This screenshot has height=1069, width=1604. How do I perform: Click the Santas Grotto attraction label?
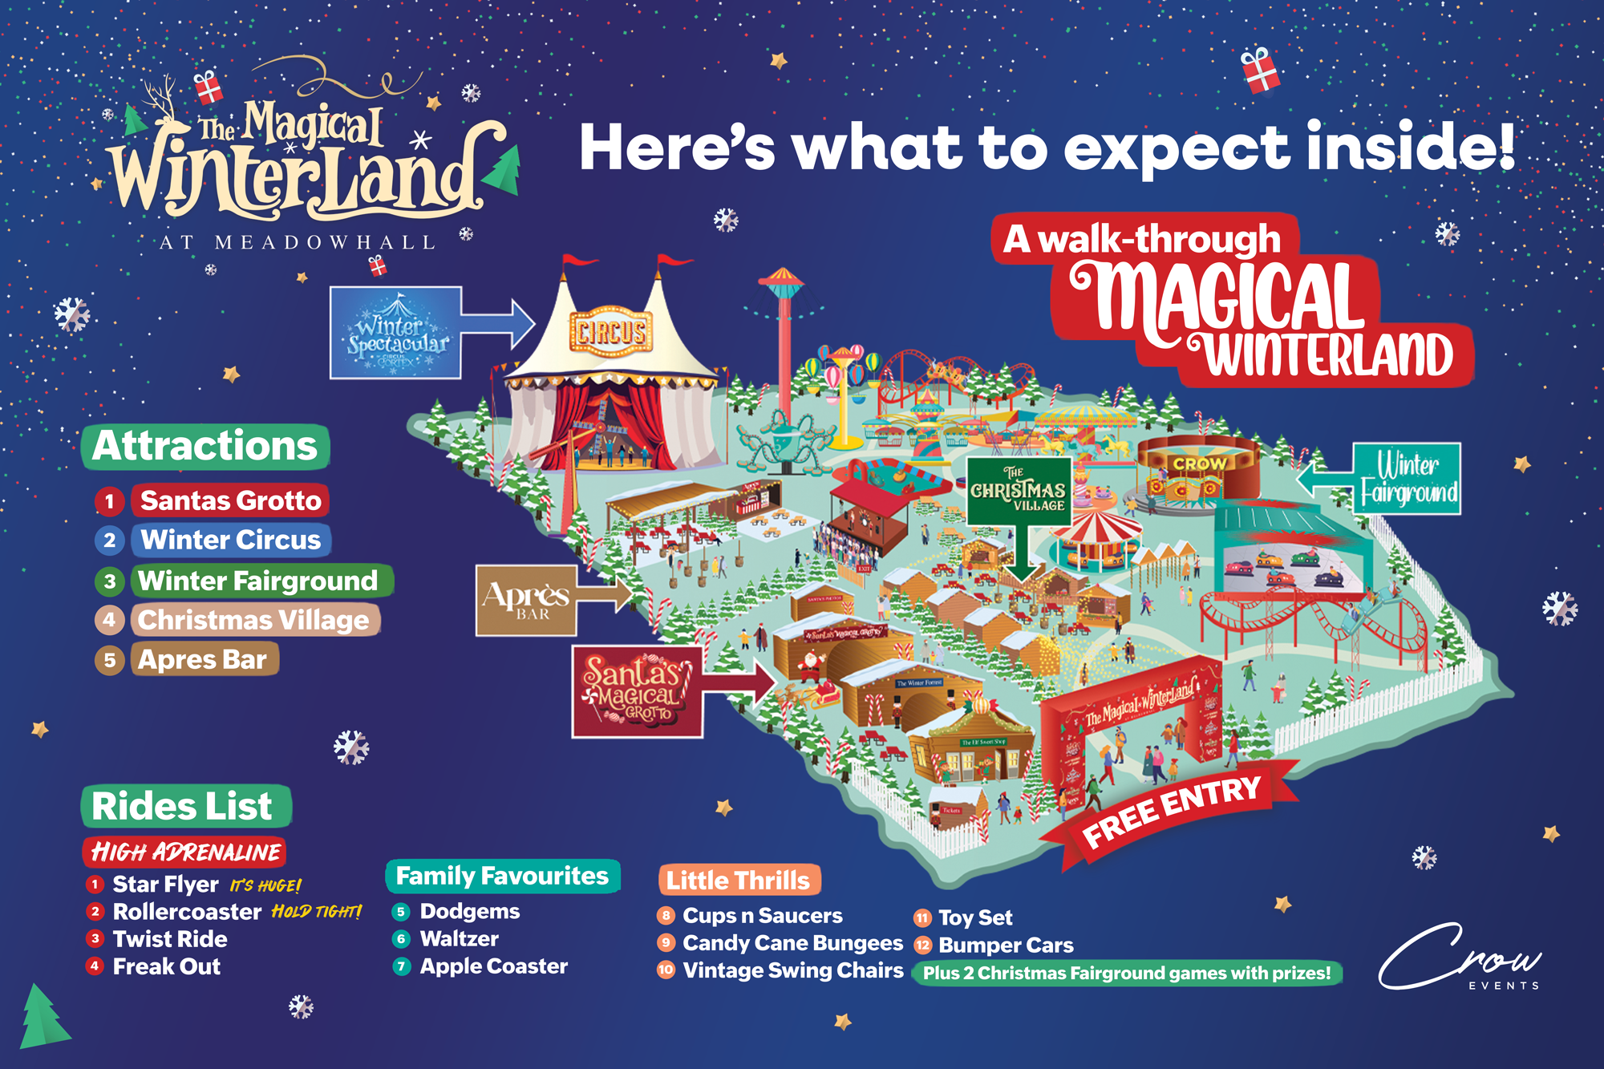(x=230, y=500)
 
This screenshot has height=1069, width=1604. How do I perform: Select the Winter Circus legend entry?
(x=230, y=540)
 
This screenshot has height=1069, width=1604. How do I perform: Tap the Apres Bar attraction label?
(x=202, y=659)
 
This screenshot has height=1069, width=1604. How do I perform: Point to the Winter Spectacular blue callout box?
(x=396, y=333)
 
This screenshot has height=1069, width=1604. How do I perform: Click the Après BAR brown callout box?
(x=526, y=600)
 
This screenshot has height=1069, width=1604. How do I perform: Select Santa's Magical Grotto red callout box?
(x=636, y=691)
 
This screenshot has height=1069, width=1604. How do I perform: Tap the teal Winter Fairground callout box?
(x=1408, y=479)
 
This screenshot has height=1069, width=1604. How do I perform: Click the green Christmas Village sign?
(x=1019, y=490)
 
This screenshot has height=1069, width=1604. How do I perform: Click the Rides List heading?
(x=183, y=806)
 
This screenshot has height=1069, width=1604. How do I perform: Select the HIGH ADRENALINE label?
(x=185, y=852)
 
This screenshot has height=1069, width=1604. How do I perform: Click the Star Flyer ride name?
(x=165, y=884)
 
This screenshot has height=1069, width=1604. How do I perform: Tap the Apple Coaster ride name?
(x=493, y=966)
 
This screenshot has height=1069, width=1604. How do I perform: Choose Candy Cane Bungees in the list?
(x=792, y=943)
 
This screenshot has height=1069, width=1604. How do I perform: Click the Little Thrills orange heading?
(x=738, y=881)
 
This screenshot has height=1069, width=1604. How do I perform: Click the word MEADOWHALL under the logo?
(x=325, y=242)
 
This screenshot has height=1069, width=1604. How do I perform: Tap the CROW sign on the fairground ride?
(x=1200, y=464)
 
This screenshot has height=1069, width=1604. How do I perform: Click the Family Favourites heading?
(x=502, y=876)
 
